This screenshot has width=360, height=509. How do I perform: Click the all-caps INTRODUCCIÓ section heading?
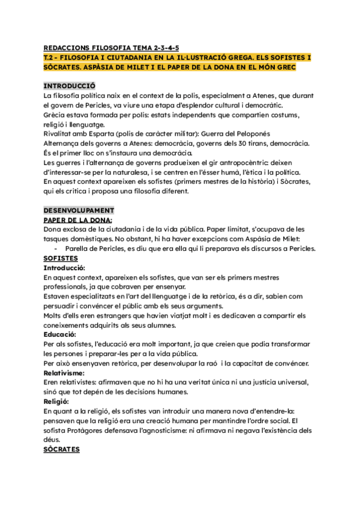click(69, 86)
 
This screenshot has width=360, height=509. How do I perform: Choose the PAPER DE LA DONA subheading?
click(78, 220)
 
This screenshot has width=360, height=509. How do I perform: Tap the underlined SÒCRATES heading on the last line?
click(62, 449)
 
